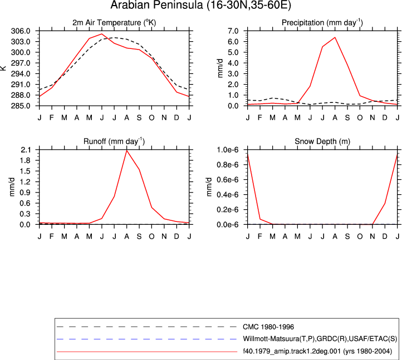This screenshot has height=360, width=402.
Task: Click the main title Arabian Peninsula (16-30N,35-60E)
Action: click(x=201, y=5)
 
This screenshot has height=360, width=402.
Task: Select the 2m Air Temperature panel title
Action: click(x=114, y=23)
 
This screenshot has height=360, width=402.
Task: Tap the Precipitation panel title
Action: click(x=322, y=23)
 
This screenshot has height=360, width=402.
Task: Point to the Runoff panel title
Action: click(x=114, y=141)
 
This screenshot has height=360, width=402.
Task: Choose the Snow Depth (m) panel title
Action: click(x=322, y=141)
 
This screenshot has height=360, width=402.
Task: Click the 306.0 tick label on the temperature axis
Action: click(x=21, y=31)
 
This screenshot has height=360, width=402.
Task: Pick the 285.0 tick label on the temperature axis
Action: click(x=21, y=106)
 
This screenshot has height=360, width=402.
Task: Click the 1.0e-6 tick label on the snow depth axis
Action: click(x=228, y=150)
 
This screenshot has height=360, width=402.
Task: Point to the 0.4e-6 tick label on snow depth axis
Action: click(x=228, y=195)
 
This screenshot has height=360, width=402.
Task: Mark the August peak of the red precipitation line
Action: click(x=335, y=37)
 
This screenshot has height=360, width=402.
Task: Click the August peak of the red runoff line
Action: click(x=126, y=150)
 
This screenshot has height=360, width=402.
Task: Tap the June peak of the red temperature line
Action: click(x=102, y=34)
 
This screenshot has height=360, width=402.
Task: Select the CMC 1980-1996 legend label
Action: click(x=268, y=327)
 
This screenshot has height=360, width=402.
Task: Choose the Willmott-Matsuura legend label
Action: click(x=320, y=339)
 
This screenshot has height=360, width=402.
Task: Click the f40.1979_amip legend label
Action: click(x=317, y=351)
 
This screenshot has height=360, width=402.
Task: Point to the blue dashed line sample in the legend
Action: click(x=146, y=339)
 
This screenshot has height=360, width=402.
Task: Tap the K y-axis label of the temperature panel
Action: click(x=3, y=68)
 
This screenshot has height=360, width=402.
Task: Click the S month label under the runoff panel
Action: click(x=139, y=236)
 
